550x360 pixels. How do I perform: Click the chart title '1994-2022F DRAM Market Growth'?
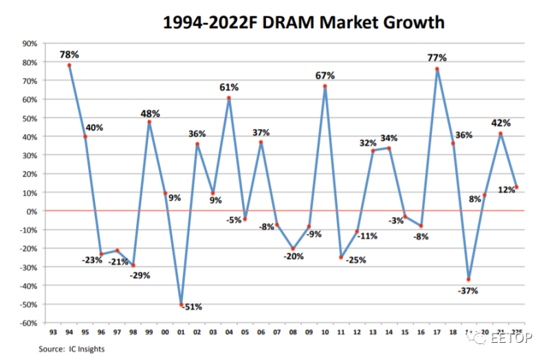coord(303,22)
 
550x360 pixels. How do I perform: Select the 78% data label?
coord(69,53)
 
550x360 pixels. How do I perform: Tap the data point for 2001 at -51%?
coord(181,305)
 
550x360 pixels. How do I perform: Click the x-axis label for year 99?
coord(149,332)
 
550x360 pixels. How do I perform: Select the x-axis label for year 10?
coord(325,332)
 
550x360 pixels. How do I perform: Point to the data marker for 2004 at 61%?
coord(229,98)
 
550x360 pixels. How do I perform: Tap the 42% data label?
coord(500,123)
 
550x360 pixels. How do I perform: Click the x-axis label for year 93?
coord(53,332)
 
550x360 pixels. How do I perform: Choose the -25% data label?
coord(356,260)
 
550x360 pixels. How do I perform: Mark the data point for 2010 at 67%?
coord(325,87)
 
